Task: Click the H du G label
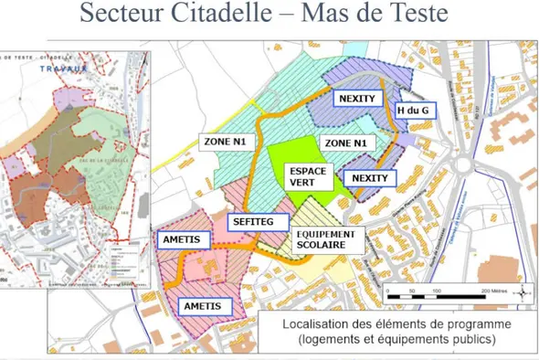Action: pos(415,111)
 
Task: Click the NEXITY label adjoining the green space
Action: pos(370,177)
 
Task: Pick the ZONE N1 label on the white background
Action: pos(224,142)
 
